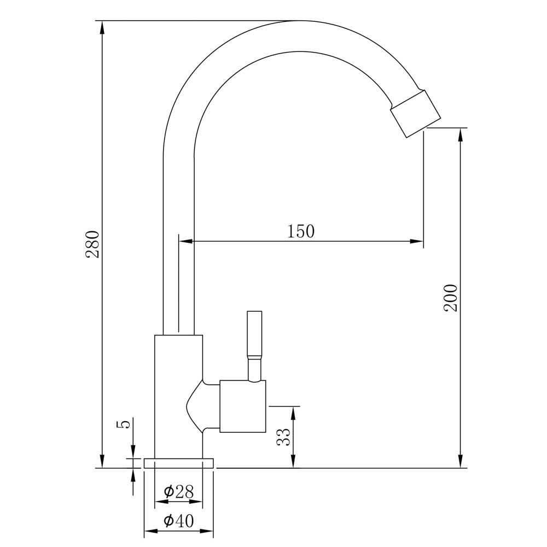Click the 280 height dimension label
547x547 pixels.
(x=93, y=244)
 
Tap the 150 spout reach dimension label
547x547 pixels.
(x=301, y=231)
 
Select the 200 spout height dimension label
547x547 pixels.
(x=450, y=298)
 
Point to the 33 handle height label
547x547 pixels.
(x=283, y=437)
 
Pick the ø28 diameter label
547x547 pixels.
(x=179, y=492)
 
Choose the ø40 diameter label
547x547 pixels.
(x=179, y=521)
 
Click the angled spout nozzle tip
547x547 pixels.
(x=416, y=113)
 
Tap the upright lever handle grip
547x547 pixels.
(x=254, y=333)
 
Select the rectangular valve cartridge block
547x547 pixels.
(x=243, y=406)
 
